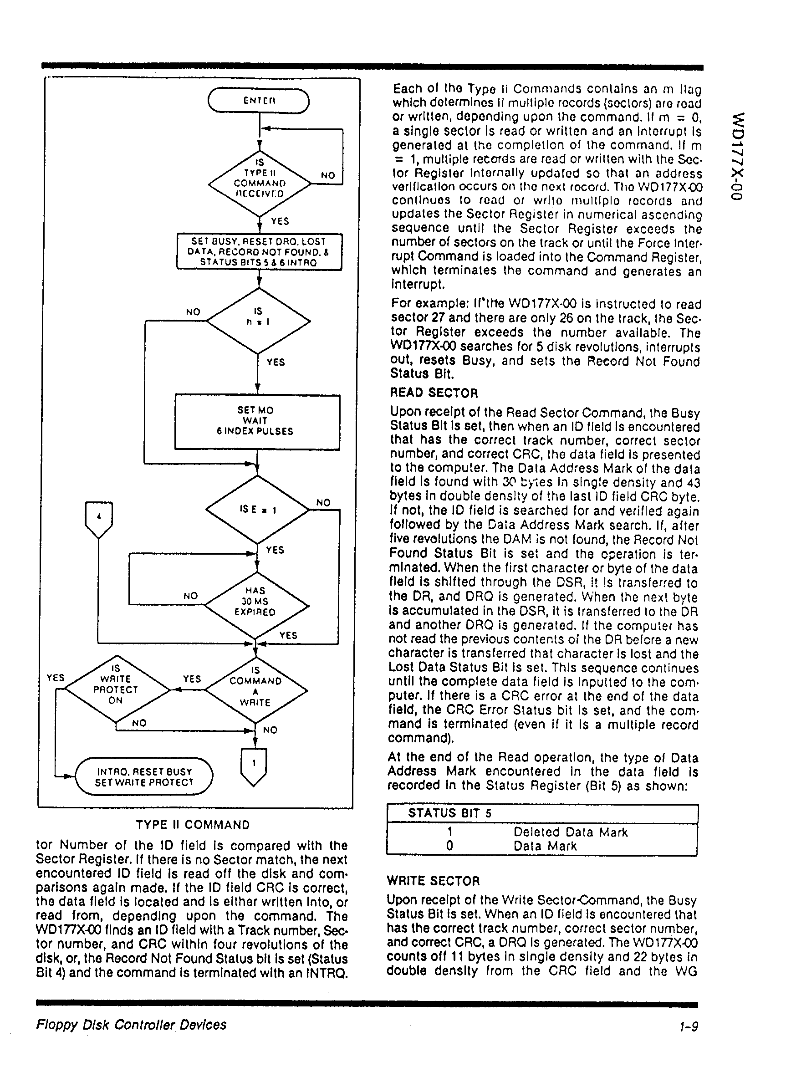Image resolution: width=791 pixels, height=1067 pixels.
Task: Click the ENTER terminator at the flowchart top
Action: coord(259,101)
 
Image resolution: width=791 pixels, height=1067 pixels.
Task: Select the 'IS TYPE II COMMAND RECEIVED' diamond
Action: coord(259,183)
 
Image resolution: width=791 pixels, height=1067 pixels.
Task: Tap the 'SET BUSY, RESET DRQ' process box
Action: coord(259,252)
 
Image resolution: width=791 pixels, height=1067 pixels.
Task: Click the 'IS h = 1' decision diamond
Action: coord(258,320)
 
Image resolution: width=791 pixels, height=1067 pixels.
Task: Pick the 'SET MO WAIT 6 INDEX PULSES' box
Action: coord(258,421)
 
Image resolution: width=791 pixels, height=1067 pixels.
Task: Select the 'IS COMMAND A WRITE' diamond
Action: coord(255,690)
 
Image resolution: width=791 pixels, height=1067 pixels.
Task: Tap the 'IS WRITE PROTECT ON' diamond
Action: coord(117,689)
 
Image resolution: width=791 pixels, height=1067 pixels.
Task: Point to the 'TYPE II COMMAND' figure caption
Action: coord(193,825)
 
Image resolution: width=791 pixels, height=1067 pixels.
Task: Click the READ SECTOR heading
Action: coord(434,393)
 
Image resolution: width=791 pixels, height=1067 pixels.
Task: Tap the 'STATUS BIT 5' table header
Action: coord(449,813)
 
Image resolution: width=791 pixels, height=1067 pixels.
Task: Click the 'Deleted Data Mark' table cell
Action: coord(570,832)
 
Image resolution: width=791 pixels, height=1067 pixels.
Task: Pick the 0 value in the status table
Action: coord(449,846)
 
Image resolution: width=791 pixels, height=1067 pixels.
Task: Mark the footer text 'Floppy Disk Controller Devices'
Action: coord(131,1025)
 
